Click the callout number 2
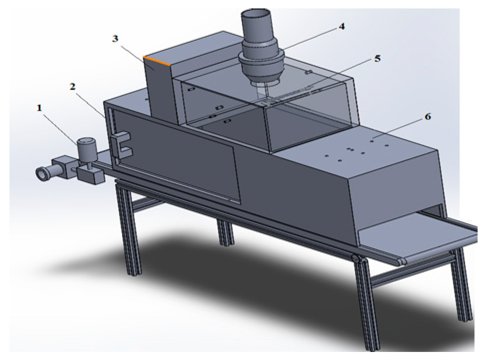pos(73,86)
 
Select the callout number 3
pos(115,39)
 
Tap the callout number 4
pos(341,26)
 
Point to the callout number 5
pos(377,58)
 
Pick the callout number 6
pos(427,117)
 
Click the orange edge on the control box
pos(157,60)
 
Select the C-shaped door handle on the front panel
pos(121,144)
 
